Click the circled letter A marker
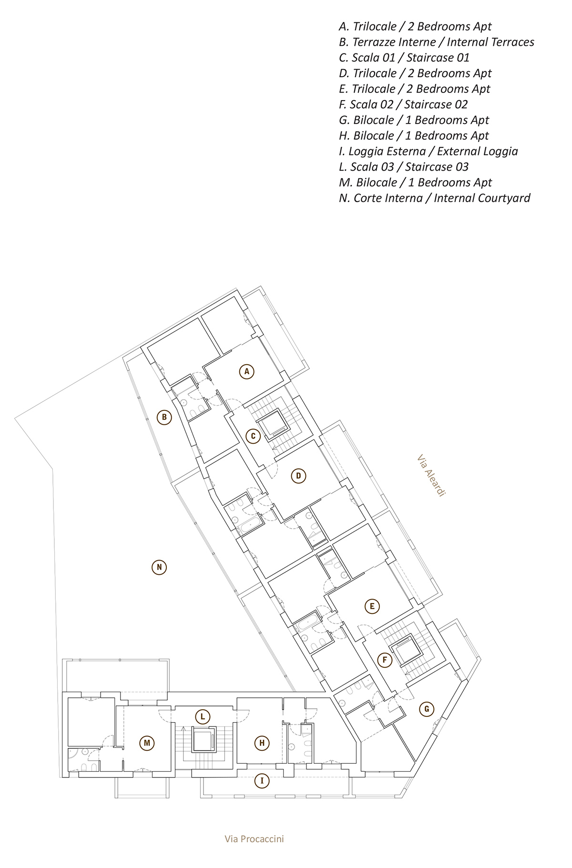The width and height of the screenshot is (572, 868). click(x=246, y=371)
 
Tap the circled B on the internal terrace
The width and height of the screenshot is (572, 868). click(x=164, y=418)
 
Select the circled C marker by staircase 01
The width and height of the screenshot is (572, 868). click(x=253, y=436)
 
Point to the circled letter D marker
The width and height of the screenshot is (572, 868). click(x=298, y=475)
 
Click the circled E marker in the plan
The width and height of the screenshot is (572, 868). click(x=372, y=606)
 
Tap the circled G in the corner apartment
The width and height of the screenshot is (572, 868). click(x=427, y=709)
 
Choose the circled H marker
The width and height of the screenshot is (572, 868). click(x=262, y=742)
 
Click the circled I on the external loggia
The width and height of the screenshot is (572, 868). click(x=262, y=781)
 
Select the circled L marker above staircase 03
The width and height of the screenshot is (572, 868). click(x=203, y=716)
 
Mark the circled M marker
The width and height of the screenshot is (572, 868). click(x=147, y=743)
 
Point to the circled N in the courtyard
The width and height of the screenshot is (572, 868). click(x=159, y=567)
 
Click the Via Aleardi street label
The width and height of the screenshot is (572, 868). click(x=431, y=476)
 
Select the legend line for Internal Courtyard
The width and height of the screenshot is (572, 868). click(x=434, y=198)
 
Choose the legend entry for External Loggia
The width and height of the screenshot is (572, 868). click(x=428, y=151)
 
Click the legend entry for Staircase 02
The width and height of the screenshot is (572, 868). click(x=403, y=104)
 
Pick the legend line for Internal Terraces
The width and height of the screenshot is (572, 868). click(x=436, y=42)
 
